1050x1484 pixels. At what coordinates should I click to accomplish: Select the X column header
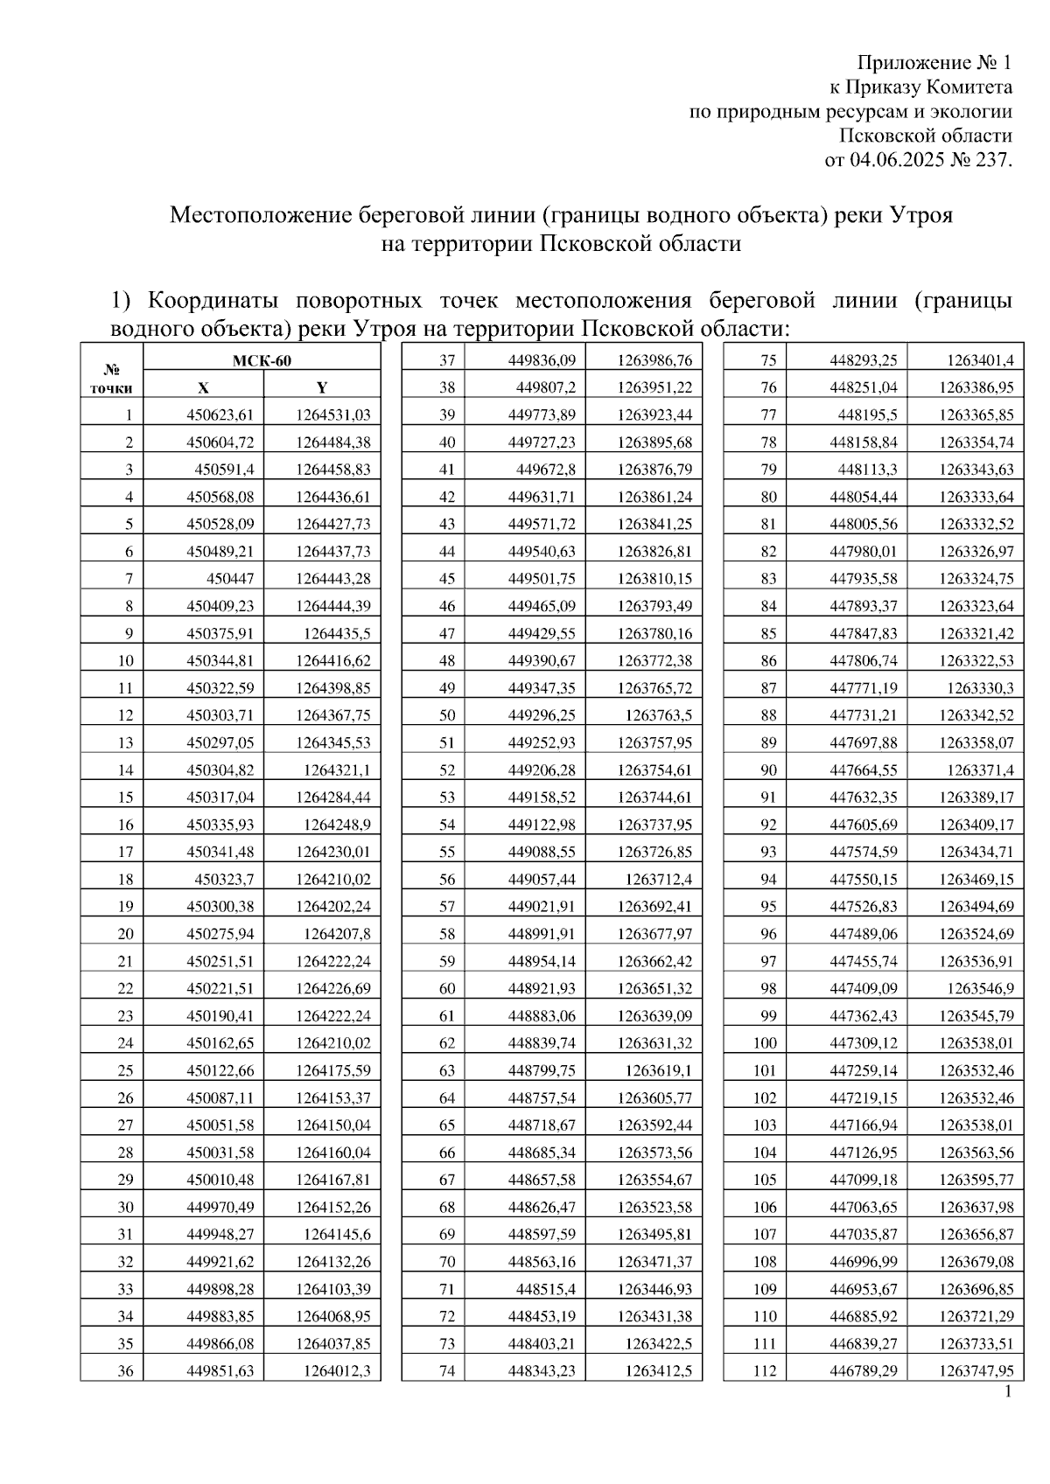point(203,387)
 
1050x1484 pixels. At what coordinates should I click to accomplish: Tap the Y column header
point(321,387)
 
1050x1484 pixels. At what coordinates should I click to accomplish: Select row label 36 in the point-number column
point(125,1371)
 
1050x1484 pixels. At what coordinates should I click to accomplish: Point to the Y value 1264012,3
point(337,1371)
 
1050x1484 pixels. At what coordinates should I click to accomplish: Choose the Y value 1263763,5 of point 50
point(658,715)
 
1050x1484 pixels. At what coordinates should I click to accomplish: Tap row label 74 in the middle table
point(447,1371)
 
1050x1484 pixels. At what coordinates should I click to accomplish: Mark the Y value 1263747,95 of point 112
point(976,1371)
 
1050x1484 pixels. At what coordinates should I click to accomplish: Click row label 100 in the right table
point(764,1043)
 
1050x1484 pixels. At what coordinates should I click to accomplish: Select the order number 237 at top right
point(993,160)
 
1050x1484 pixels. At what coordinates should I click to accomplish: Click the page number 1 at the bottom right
point(1008,1392)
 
